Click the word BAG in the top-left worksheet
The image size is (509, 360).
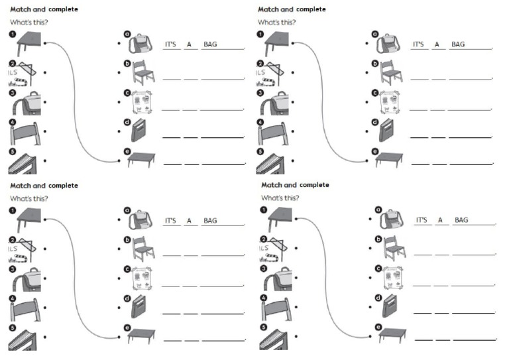pos(210,45)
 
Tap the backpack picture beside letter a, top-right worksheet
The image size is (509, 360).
pos(388,44)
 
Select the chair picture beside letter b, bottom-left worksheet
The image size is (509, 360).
pos(143,247)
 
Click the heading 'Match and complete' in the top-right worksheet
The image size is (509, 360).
pos(292,9)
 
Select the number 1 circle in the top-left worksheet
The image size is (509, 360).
pos(12,34)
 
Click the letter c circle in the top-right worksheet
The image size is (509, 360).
pos(374,93)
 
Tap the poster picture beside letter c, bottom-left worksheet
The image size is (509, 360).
pos(142,277)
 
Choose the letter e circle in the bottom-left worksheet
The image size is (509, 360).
pos(127,328)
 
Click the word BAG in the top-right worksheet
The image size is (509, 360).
pos(458,45)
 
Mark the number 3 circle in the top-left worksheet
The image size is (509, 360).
pos(12,93)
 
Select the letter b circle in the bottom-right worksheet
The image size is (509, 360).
pos(378,239)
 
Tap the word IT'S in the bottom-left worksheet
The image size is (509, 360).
pos(171,220)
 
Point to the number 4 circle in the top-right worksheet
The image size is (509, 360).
pos(260,123)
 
